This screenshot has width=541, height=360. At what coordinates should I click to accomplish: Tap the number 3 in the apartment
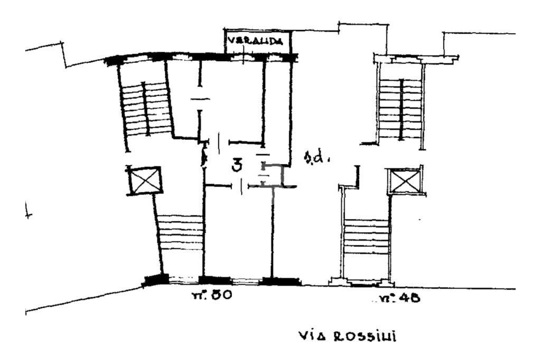238,166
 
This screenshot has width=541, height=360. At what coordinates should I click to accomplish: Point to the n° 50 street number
211,296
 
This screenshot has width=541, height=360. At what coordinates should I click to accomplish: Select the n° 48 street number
400,298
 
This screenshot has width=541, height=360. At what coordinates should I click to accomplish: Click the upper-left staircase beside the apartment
146,108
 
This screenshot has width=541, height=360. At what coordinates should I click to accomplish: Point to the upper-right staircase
402,108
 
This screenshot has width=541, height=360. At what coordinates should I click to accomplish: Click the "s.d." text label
315,157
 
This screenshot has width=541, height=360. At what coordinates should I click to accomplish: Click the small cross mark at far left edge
29,215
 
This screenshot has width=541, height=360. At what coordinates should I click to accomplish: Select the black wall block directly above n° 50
214,280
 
